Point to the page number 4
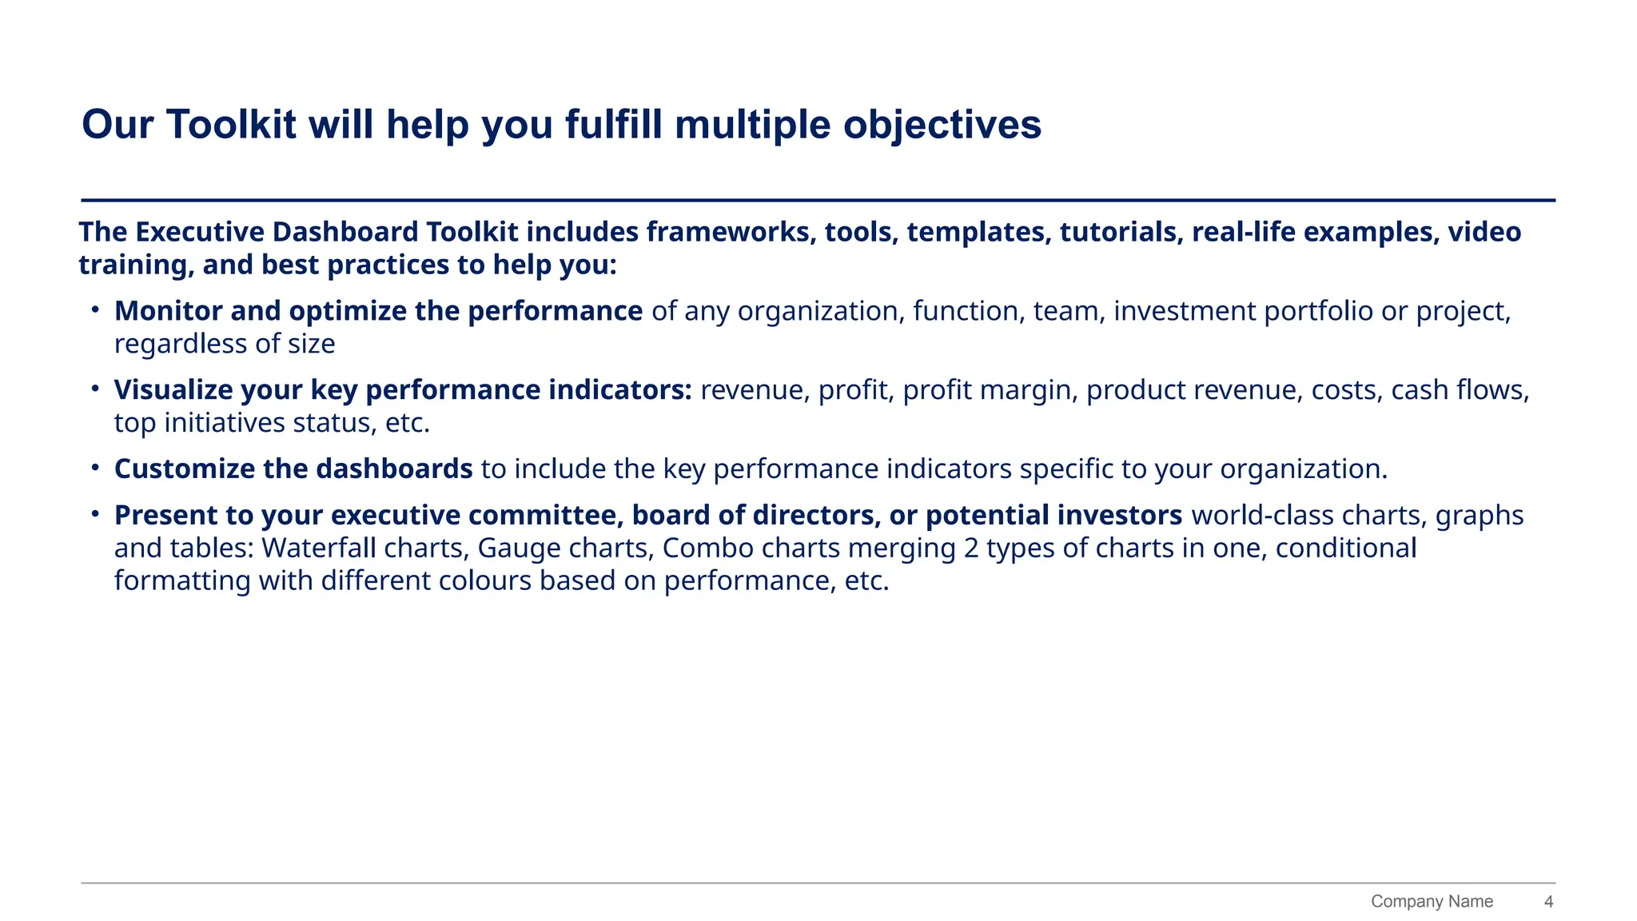point(1548,902)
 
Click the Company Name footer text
point(1432,902)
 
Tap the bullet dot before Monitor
point(94,309)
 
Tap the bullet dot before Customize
point(94,467)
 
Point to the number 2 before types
point(971,548)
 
